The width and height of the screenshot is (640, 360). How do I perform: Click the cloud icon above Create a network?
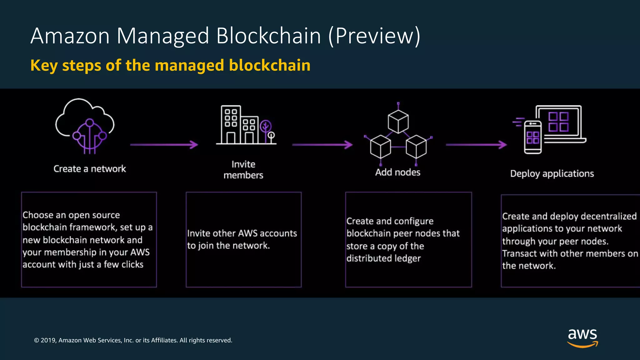tap(85, 125)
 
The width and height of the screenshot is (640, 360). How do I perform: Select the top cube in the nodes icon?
tap(398, 121)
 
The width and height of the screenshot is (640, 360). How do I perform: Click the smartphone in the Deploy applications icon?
tap(533, 137)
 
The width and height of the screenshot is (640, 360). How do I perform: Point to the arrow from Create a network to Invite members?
tap(164, 145)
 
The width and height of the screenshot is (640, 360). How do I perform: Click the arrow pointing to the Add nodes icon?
tap(322, 145)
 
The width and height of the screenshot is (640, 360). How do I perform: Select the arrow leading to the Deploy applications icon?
tap(476, 145)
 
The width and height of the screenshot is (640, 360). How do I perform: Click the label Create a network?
tap(90, 169)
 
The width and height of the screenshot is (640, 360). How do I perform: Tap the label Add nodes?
tap(398, 172)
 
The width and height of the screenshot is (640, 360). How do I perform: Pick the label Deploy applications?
tap(552, 174)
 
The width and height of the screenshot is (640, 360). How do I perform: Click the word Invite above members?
tap(243, 164)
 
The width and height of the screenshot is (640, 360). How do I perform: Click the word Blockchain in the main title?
tap(269, 36)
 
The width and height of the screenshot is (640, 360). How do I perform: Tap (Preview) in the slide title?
tap(374, 36)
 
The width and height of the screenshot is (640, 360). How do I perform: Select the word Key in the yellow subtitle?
tap(44, 66)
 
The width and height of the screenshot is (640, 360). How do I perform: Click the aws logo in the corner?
tap(582, 337)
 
